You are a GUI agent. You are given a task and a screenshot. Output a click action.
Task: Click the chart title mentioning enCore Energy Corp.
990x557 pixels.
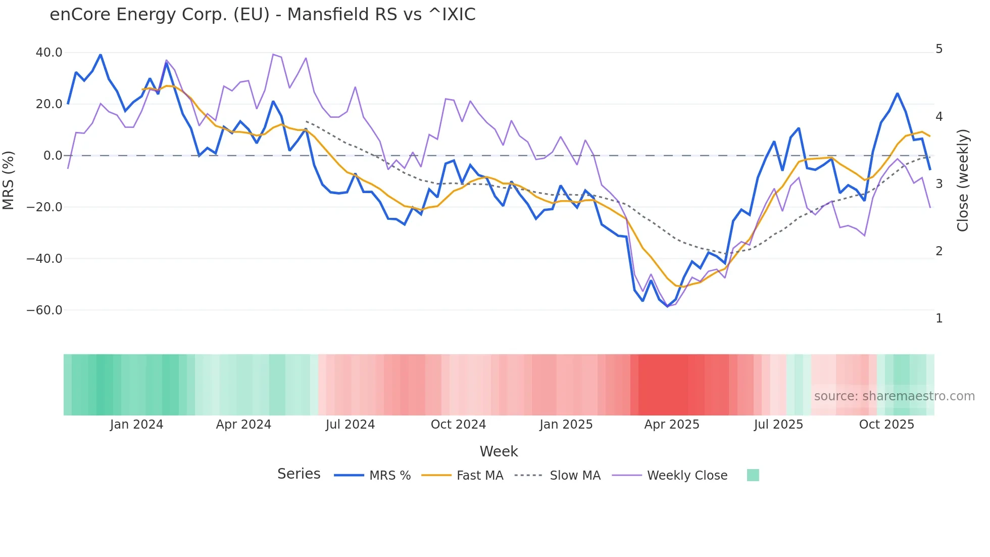263,15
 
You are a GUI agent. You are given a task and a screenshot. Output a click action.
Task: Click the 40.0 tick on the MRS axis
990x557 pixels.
48,53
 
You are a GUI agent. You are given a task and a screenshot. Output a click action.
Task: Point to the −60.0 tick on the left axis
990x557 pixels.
44,310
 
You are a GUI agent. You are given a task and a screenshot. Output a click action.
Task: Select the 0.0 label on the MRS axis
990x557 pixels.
53,156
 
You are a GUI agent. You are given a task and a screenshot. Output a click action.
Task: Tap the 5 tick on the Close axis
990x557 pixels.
939,49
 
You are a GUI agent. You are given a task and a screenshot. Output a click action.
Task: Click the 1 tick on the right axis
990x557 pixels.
939,318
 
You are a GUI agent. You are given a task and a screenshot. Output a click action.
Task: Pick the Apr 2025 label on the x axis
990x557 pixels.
671,425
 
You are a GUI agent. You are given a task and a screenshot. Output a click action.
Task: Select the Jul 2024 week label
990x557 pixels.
350,425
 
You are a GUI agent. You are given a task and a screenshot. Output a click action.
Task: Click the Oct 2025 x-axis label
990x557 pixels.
886,425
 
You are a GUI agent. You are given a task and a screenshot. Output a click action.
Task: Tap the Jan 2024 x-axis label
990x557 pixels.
136,425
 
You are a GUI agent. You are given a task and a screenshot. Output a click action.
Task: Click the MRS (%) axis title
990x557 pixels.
9,180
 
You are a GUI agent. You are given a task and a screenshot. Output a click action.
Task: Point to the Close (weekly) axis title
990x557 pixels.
963,180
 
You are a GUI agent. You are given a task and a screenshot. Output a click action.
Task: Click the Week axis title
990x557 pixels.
499,451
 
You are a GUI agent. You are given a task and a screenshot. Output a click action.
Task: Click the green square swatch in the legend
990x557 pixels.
753,475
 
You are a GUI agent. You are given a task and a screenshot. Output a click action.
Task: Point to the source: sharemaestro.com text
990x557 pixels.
894,396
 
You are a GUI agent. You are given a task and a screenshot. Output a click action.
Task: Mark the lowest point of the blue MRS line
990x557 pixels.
667,306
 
